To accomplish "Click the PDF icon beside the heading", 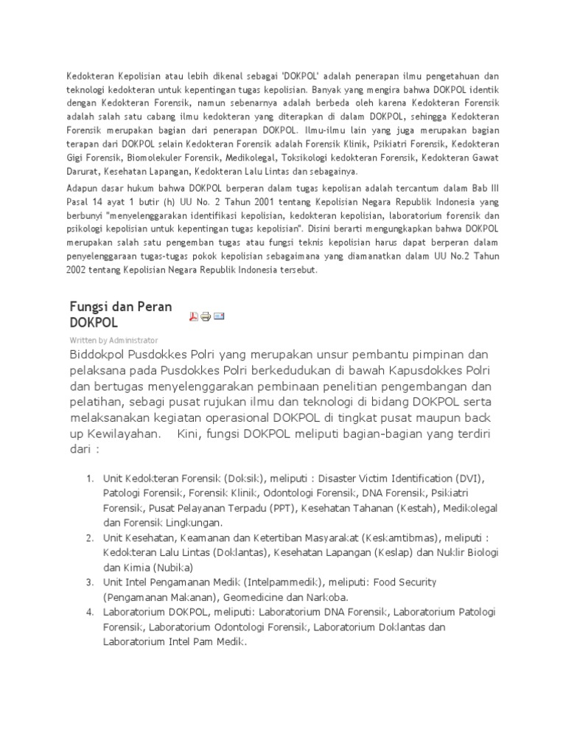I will point(195,316).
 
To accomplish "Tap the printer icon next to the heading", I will point(206,316).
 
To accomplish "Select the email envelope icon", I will point(219,316).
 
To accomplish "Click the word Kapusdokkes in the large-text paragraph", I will point(416,369).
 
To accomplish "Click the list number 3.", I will point(88,582).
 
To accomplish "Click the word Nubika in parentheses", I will point(171,568).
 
